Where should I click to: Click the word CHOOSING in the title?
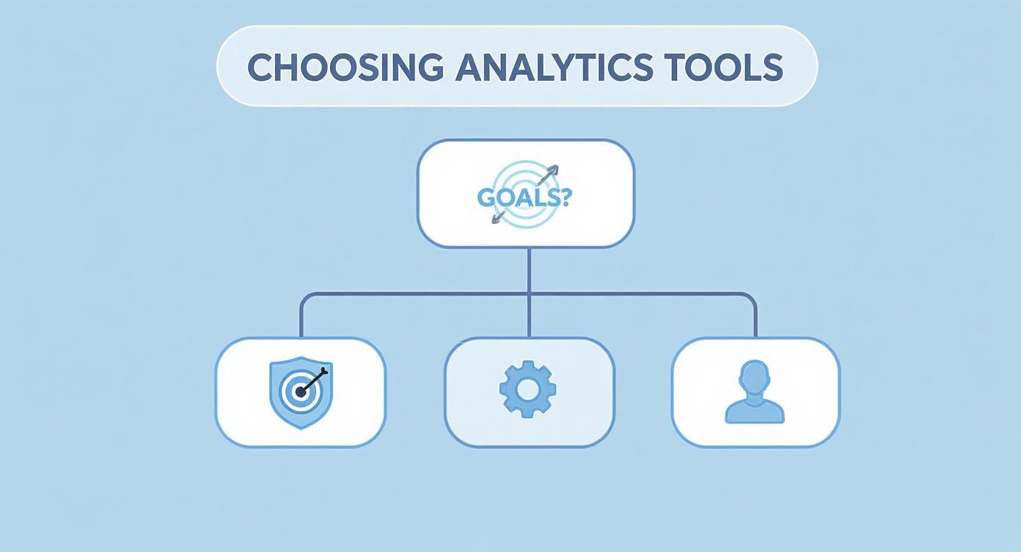[345, 68]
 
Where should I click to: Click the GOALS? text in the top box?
[523, 197]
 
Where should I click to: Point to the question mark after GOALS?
[563, 196]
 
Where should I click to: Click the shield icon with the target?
[301, 392]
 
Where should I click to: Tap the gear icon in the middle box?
[527, 390]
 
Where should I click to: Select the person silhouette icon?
[755, 392]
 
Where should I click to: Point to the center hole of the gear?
[527, 390]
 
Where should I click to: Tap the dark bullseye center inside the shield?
[301, 393]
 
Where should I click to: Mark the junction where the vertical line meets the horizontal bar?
[529, 294]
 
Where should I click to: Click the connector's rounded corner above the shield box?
[304, 297]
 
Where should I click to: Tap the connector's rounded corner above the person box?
[753, 297]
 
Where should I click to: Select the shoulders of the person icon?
[755, 411]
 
